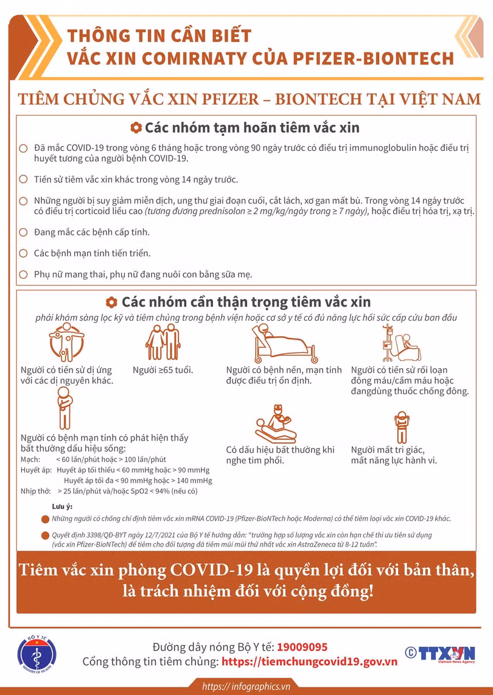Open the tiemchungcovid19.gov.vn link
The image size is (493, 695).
tap(309, 662)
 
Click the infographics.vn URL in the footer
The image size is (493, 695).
tap(247, 687)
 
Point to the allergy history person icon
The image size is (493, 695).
tap(66, 342)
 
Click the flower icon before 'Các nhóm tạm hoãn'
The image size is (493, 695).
tap(136, 128)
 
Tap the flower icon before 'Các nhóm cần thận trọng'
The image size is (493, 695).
tap(112, 302)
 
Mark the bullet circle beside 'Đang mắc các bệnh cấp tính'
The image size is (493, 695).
tap(24, 232)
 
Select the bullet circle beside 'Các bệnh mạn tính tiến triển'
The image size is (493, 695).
tap(24, 253)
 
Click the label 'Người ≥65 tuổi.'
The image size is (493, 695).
tap(163, 369)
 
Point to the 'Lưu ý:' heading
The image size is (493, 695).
tap(61, 506)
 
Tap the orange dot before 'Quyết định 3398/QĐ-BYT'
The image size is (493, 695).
tap(45, 536)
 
